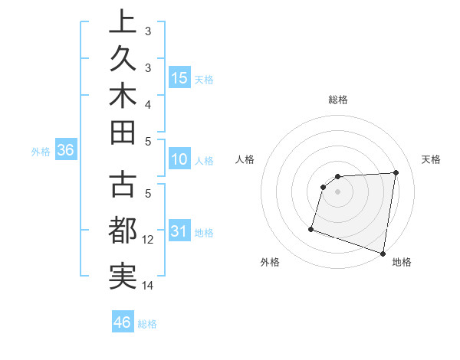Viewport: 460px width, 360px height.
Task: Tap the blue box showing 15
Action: (179, 78)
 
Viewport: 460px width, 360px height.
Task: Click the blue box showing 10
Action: (179, 160)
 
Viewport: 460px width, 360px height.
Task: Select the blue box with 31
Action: (179, 232)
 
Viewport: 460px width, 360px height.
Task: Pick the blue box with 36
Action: (65, 151)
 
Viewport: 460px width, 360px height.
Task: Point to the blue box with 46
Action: (122, 322)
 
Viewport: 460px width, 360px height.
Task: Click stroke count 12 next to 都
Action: (148, 239)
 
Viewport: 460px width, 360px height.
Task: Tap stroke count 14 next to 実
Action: (148, 286)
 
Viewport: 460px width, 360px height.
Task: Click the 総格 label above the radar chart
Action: (337, 100)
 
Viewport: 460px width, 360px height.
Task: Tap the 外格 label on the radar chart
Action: (270, 262)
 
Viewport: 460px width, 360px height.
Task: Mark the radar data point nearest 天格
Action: (396, 172)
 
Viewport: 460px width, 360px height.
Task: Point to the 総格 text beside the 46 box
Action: (147, 324)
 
